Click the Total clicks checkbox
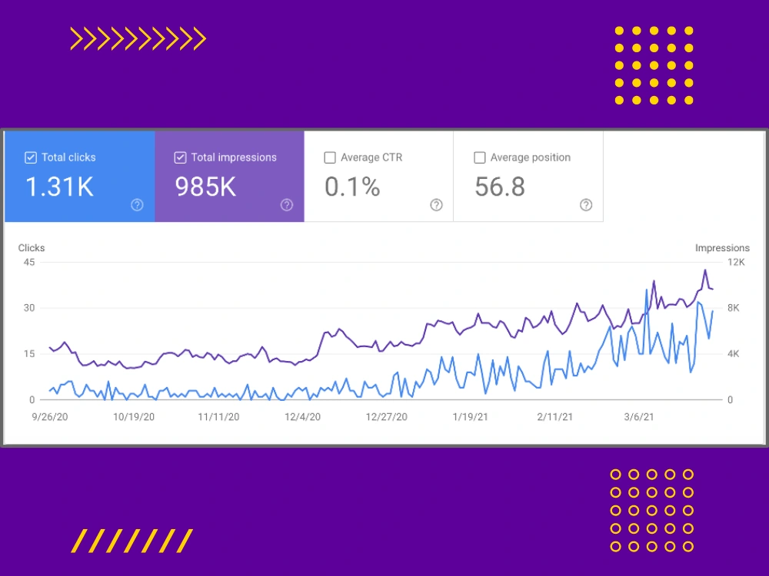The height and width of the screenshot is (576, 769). pos(31,157)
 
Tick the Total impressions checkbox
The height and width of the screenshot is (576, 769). pos(180,157)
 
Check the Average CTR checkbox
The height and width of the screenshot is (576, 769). pos(330,157)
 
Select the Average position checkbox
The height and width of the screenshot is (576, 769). pos(480,157)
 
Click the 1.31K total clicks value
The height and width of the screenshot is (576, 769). pos(59,187)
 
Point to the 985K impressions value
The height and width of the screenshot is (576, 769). pos(205,187)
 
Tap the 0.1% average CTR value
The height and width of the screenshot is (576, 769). pos(352,187)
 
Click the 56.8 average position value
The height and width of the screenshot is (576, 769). pos(500,187)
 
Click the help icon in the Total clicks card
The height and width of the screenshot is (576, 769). pos(138,205)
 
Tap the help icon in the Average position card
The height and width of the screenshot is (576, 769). pos(586,205)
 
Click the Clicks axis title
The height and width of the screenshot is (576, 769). pos(32,248)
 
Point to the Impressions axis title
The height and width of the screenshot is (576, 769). pos(722,248)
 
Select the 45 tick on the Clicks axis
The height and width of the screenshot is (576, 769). pos(29,262)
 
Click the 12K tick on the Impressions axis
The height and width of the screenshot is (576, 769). pos(736,262)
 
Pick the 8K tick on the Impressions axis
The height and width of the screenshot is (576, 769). pos(734,308)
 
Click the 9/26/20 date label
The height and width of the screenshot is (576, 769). pos(50,417)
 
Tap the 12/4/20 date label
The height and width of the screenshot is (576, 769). pos(302,417)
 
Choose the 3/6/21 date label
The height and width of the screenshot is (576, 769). pos(639,417)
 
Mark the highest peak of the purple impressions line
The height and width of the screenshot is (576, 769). pos(705,270)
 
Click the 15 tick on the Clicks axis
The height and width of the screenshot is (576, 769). pos(29,353)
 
